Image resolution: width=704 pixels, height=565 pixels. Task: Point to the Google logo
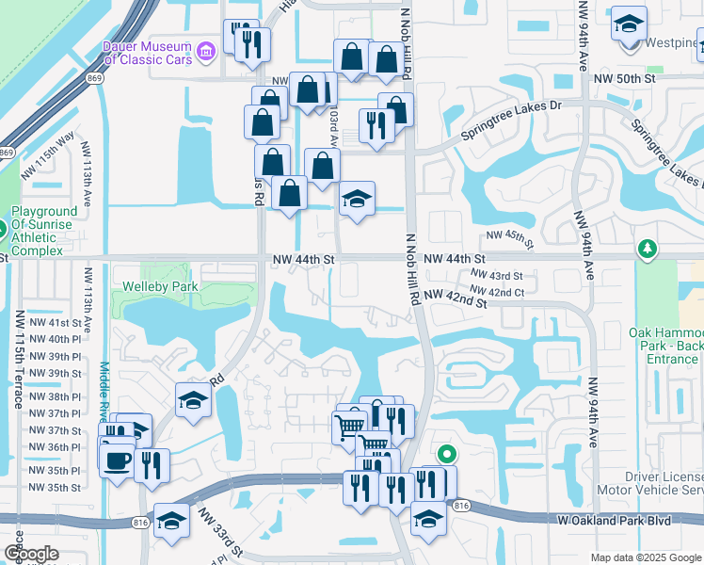coord(31,554)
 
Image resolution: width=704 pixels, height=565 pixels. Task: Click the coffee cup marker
coord(118,461)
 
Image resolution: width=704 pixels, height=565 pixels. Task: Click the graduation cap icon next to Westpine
coord(629,24)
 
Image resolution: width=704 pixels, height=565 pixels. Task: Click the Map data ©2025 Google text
coord(645,557)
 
